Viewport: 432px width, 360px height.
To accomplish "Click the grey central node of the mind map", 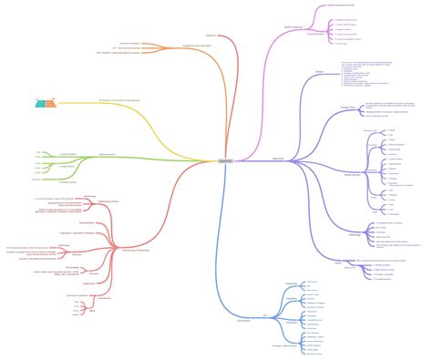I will pyautogui.click(x=224, y=160).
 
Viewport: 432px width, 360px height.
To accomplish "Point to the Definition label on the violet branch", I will pyautogui.click(x=319, y=71).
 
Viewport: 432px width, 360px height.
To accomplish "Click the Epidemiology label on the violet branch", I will pyautogui.click(x=330, y=209).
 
